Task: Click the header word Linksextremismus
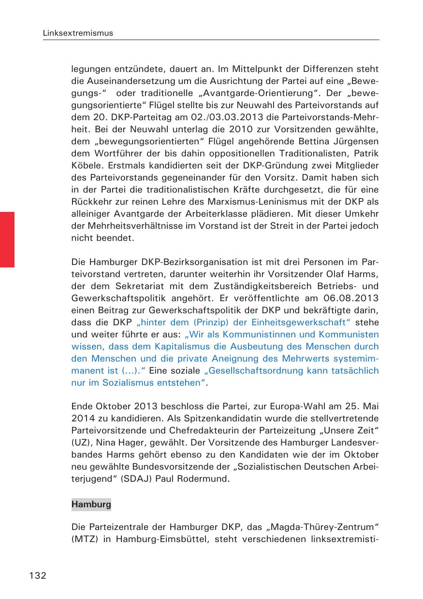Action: click(78, 33)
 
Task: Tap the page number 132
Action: click(38, 575)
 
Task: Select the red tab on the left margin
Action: click(7, 239)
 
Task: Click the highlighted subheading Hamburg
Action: click(91, 504)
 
